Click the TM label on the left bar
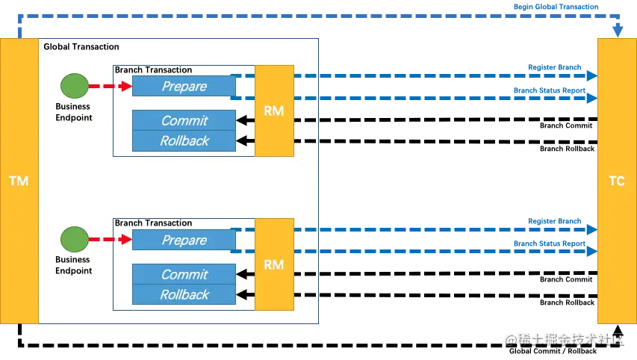(18, 181)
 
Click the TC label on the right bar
(617, 181)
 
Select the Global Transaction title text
(81, 46)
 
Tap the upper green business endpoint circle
(73, 86)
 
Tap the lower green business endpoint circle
(73, 240)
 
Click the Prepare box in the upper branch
(184, 87)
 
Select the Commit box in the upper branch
(184, 120)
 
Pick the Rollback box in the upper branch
(184, 140)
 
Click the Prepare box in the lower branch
(184, 240)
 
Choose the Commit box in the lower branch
(184, 274)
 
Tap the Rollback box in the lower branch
(184, 294)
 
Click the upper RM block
(274, 111)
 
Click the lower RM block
(274, 264)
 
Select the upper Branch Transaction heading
(153, 69)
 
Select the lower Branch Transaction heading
(153, 223)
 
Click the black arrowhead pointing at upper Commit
(240, 120)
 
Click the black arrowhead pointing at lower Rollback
(240, 294)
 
